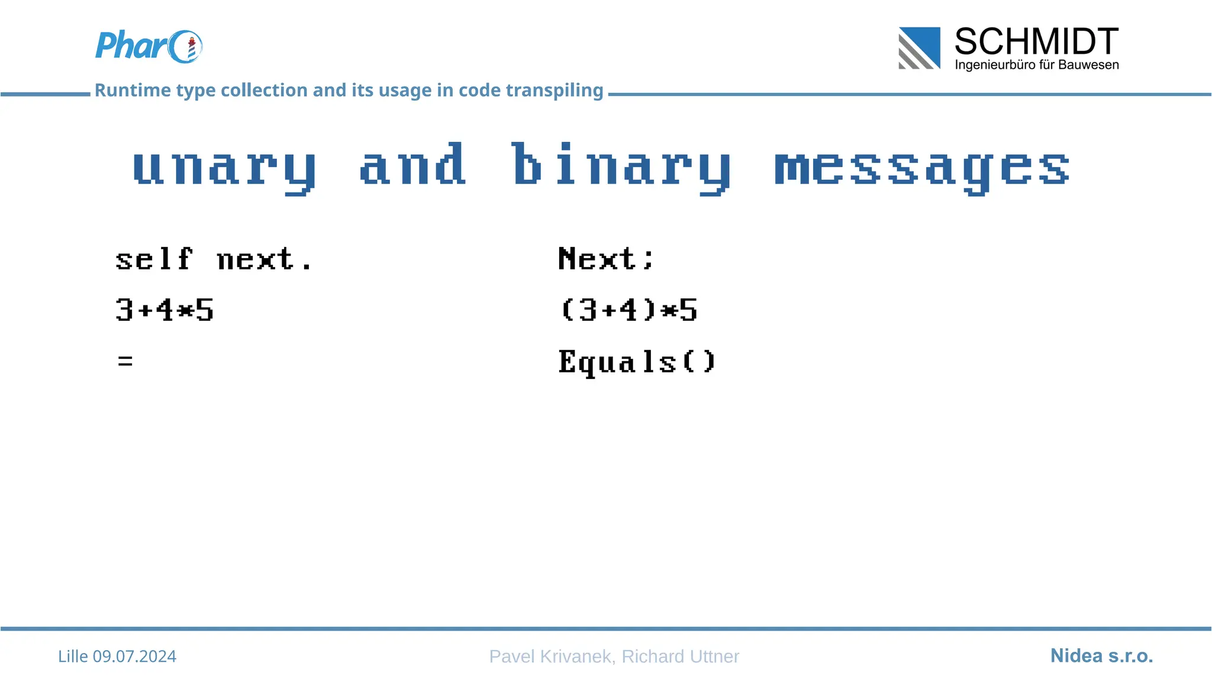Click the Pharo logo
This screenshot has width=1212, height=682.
(148, 46)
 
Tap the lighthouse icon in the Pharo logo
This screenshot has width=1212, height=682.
(191, 49)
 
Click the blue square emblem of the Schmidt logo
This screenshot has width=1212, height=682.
(919, 48)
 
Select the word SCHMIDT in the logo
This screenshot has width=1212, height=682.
(1036, 41)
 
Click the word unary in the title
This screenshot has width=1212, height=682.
(224, 167)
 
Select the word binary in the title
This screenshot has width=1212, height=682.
(621, 167)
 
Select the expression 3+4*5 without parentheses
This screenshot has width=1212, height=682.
(165, 310)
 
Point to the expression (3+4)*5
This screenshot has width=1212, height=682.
(628, 310)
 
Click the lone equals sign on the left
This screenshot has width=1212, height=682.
(125, 361)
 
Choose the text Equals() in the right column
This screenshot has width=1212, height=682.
(637, 362)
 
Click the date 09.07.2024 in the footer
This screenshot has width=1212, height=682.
(134, 656)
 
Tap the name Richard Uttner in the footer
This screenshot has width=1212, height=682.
(680, 656)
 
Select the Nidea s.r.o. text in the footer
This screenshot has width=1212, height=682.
(1101, 655)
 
